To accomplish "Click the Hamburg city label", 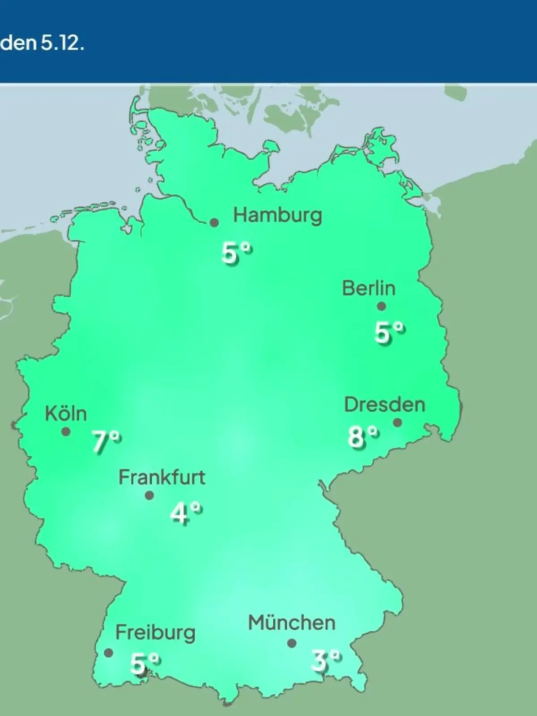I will coord(277,216).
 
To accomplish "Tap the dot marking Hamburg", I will coord(214,222).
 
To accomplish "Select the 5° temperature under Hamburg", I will coord(237,253).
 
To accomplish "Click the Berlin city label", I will coord(369,288).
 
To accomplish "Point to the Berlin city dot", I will coord(381,307).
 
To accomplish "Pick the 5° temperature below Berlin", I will coord(389,332).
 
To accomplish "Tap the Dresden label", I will coord(384,405).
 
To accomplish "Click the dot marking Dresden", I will coord(397,422).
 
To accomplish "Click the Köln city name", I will coord(66,413).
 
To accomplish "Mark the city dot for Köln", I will coord(66,432).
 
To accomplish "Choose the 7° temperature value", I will coord(107,442).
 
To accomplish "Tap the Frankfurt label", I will coord(162,477).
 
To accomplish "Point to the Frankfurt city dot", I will coord(149,495).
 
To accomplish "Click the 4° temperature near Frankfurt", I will coord(186,513).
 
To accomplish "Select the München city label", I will coord(292,623).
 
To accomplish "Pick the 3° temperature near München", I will coord(326,661).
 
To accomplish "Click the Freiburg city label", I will coord(155,633).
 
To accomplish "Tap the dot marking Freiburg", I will coord(108,652).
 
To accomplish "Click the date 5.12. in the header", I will coord(62,44).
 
